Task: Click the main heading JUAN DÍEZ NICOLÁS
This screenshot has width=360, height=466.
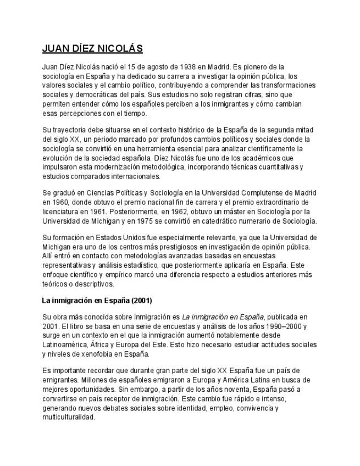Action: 92,49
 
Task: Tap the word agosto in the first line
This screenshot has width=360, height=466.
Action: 152,67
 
